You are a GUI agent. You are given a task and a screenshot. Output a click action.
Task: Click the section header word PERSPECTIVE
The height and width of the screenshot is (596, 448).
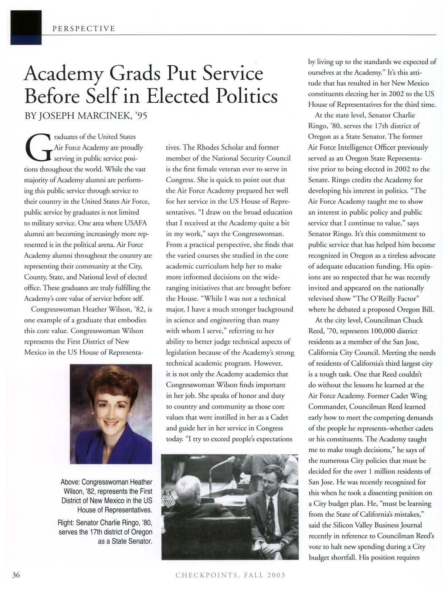[84, 28]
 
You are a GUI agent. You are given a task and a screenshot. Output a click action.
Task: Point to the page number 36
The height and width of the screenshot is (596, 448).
[16, 575]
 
